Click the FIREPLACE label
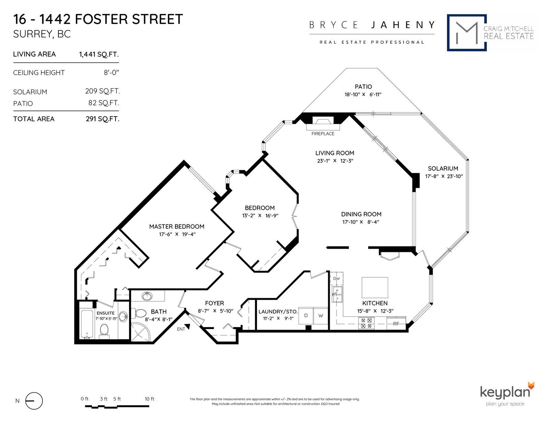point(323,134)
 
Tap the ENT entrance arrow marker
point(187,327)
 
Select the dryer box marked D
point(306,315)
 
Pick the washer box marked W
point(320,315)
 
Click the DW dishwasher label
point(336,279)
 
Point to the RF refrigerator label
point(396,324)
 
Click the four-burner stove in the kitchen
point(366,323)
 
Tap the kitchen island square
point(375,288)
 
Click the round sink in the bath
point(147,296)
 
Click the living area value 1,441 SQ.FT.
point(99,54)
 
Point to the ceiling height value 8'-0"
point(111,73)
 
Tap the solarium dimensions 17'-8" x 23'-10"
point(444,177)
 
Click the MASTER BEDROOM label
point(177,226)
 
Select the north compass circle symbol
point(34,401)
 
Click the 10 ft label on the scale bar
point(149,399)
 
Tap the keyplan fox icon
point(531,386)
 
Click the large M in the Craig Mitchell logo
point(467,33)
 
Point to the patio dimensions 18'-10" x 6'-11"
point(363,95)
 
